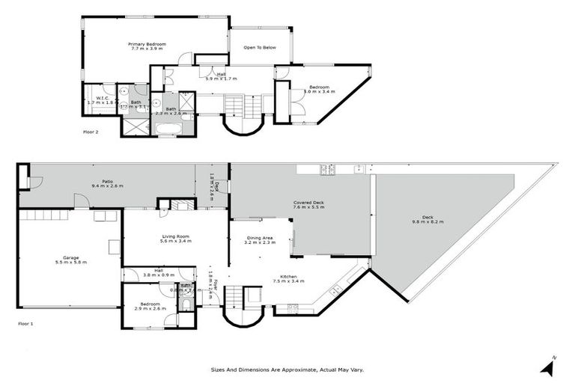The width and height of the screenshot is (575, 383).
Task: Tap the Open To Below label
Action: (260, 48)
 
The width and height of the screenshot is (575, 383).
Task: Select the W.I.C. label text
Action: (103, 97)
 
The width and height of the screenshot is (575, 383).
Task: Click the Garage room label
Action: (71, 257)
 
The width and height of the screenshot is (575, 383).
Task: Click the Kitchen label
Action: (289, 277)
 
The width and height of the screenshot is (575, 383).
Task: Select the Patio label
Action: (107, 180)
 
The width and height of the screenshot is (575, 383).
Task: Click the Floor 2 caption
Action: (91, 132)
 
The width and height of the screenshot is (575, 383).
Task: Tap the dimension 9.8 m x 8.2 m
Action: (428, 222)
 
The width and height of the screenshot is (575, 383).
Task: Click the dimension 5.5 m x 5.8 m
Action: (71, 263)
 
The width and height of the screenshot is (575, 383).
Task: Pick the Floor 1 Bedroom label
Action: (150, 303)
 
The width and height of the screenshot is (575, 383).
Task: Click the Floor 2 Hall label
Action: (222, 73)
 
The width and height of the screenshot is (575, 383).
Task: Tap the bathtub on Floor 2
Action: (166, 129)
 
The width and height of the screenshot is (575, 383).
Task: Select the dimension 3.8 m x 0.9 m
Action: (159, 275)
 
